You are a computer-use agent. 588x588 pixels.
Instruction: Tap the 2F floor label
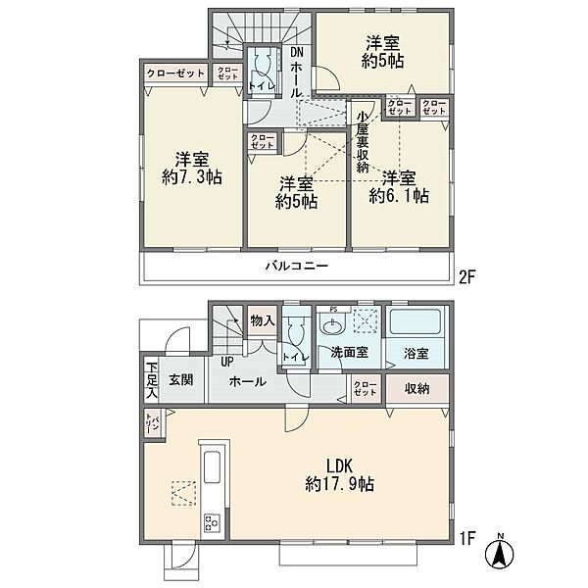(467, 277)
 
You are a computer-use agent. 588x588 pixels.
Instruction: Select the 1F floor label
(467, 538)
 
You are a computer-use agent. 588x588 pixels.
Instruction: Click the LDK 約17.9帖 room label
(340, 475)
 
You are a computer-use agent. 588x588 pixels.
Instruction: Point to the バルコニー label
(297, 267)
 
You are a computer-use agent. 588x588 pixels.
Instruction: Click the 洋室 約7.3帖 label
(192, 168)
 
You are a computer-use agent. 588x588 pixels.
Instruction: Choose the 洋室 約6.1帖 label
(399, 187)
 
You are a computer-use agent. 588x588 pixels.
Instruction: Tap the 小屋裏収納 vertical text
(363, 142)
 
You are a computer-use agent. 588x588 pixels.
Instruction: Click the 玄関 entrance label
(181, 380)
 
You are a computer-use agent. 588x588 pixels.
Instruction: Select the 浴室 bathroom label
(416, 353)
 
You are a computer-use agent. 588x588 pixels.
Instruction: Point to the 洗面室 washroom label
(350, 352)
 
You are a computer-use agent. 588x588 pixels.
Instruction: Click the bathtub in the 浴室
(415, 321)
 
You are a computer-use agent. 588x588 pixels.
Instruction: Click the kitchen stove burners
(212, 522)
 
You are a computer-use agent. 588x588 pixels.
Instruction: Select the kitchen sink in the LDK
(212, 467)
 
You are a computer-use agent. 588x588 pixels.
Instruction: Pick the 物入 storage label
(263, 320)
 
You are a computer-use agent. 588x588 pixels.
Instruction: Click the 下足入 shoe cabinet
(152, 380)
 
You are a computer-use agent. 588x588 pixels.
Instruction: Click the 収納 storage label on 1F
(417, 388)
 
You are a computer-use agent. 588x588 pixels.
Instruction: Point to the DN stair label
(296, 52)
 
